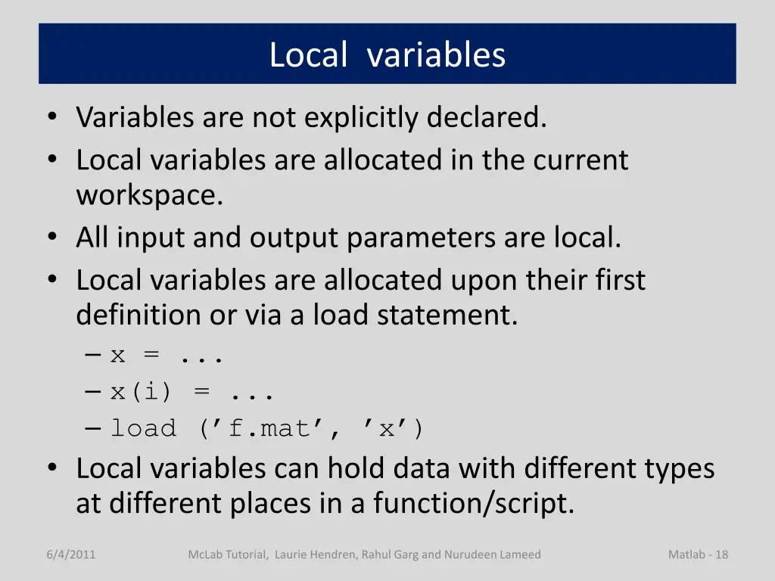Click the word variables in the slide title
pyautogui.click(x=436, y=55)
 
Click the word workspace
pyautogui.click(x=150, y=195)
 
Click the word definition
pyautogui.click(x=140, y=315)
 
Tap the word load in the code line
pyautogui.click(x=143, y=429)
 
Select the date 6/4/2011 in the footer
pyautogui.click(x=70, y=555)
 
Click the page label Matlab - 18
pyautogui.click(x=698, y=555)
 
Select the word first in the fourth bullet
pyautogui.click(x=620, y=281)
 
